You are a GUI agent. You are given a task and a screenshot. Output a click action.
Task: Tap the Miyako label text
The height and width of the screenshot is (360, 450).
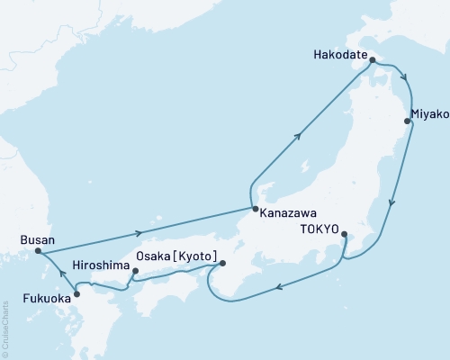pyautogui.click(x=427, y=114)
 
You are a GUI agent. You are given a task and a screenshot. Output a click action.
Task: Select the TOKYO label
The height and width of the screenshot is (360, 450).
pyautogui.click(x=316, y=229)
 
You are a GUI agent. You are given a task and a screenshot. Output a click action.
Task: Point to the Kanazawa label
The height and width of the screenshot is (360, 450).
pyautogui.click(x=287, y=215)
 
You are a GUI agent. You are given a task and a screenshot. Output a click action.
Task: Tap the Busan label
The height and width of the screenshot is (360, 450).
pyautogui.click(x=37, y=240)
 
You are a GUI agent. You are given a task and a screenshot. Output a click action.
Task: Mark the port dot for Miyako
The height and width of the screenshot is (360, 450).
pyautogui.click(x=408, y=120)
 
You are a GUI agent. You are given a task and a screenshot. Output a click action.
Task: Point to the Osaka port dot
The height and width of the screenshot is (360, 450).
pyautogui.click(x=222, y=263)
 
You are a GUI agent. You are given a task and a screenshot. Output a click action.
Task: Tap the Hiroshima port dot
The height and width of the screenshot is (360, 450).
pyautogui.click(x=135, y=270)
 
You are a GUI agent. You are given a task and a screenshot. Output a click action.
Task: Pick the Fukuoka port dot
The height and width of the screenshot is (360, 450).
pyautogui.click(x=76, y=293)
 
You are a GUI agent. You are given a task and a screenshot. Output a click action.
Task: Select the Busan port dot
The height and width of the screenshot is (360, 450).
pyautogui.click(x=38, y=252)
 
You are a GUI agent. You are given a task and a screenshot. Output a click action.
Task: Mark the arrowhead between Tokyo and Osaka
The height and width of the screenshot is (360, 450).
pyautogui.click(x=279, y=288)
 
